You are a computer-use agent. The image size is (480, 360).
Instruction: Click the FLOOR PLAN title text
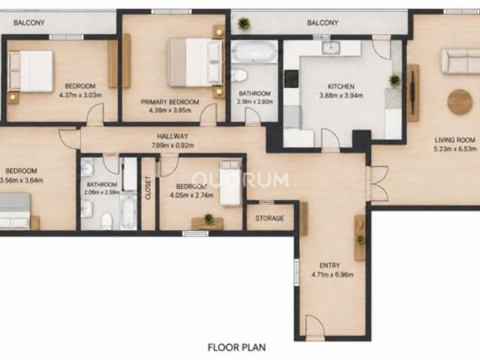pyautogui.click(x=237, y=347)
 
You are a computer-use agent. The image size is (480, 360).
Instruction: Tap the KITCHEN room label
pyautogui.click(x=341, y=87)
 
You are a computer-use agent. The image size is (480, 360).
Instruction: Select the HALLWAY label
pyautogui.click(x=173, y=137)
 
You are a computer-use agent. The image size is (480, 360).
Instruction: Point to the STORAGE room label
pyautogui.click(x=270, y=218)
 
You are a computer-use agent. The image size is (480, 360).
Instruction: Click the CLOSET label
pyautogui.click(x=148, y=187)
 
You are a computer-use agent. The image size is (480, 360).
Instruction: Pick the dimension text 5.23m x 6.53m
pyautogui.click(x=455, y=149)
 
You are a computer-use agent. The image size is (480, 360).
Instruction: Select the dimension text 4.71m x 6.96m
pyautogui.click(x=332, y=275)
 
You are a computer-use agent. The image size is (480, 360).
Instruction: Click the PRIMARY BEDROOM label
pyautogui.click(x=170, y=102)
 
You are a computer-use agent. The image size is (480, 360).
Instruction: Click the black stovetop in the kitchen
pyautogui.click(x=291, y=79)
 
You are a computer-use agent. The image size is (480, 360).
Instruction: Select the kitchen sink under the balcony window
pyautogui.click(x=330, y=47)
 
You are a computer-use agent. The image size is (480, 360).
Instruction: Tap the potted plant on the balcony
pyautogui.click(x=243, y=23)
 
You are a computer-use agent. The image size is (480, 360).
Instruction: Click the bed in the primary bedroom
pyautogui.click(x=195, y=62)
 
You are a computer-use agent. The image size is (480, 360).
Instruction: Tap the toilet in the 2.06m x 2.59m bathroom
pyautogui.click(x=107, y=221)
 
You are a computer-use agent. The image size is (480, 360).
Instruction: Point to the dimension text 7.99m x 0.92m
pyautogui.click(x=173, y=145)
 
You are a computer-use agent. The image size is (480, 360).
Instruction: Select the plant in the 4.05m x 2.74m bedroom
pyautogui.click(x=209, y=218)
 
